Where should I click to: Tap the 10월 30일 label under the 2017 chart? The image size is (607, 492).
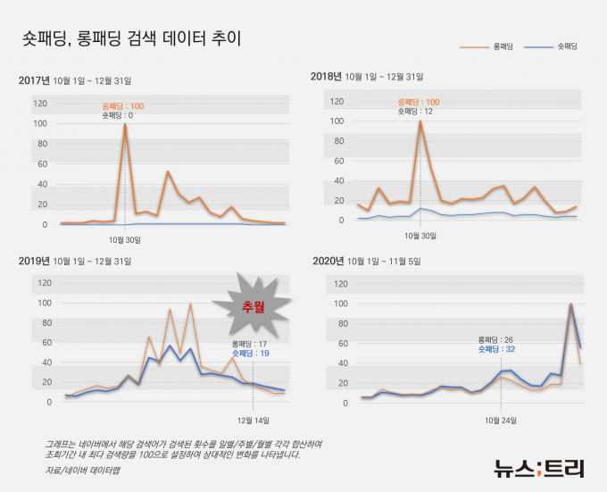tap(125, 239)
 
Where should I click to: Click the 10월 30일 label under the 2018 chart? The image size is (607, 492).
tap(420, 236)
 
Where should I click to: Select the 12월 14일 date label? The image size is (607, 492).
tap(254, 420)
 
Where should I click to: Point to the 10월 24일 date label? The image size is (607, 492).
tap(502, 420)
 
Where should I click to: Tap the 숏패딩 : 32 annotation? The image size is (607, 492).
tap(497, 349)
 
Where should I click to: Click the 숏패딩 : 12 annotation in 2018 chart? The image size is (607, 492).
tap(415, 112)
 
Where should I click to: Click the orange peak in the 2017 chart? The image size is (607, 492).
tap(124, 125)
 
